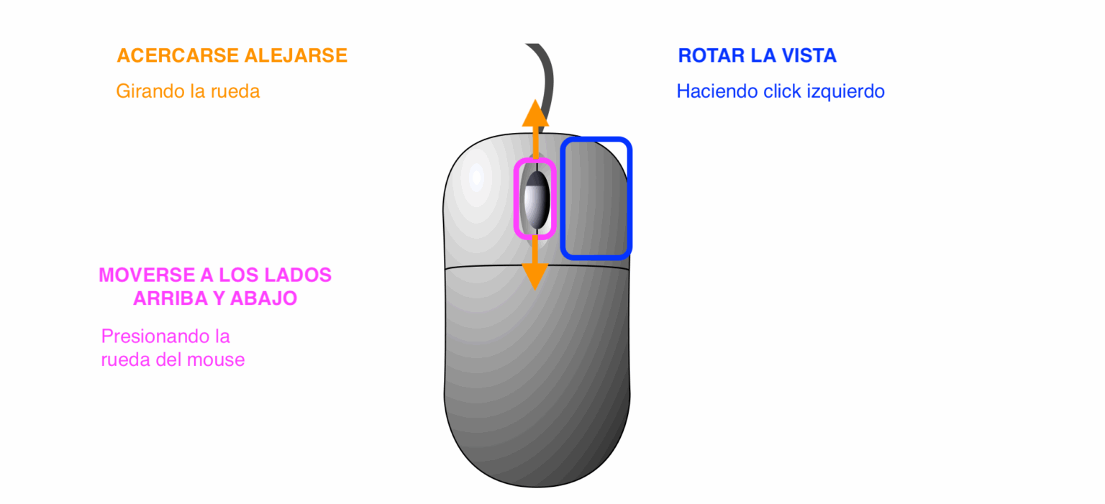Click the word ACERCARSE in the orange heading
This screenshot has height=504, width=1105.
178,56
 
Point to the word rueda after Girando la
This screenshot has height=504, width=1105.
235,92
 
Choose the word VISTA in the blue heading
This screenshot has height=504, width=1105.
809,56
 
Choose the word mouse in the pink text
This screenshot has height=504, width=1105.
215,359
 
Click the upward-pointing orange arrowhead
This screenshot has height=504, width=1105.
535,115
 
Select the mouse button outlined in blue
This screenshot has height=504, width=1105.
596,198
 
